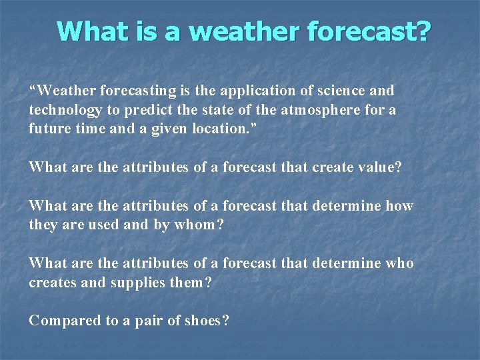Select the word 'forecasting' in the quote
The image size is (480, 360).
[x=132, y=90]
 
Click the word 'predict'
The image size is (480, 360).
[x=147, y=110]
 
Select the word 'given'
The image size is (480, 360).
[x=162, y=129]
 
